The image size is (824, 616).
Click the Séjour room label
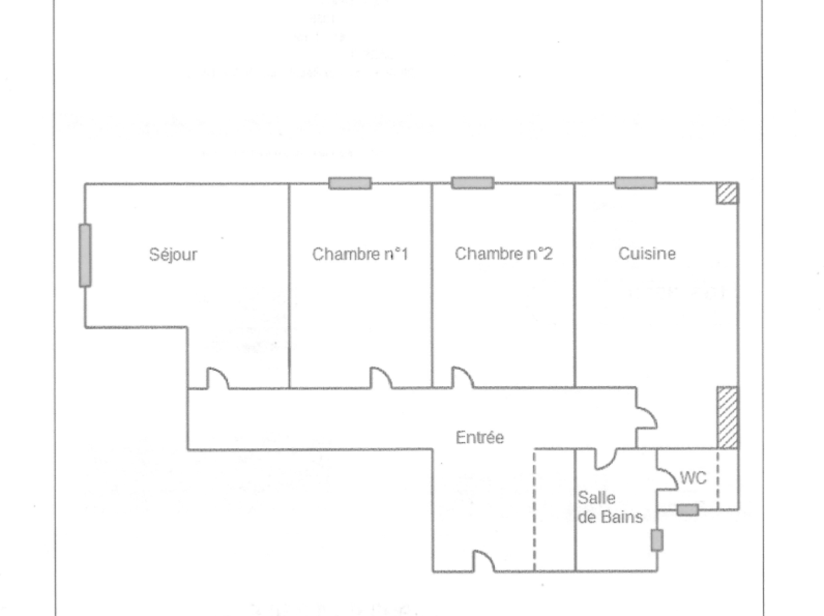click(x=173, y=254)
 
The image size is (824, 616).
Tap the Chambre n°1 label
click(x=360, y=254)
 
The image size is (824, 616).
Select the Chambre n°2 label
click(x=503, y=254)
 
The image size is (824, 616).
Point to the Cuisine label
click(x=647, y=254)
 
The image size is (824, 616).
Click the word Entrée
click(x=479, y=437)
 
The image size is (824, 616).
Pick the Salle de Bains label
click(x=609, y=507)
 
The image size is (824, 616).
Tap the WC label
click(x=693, y=478)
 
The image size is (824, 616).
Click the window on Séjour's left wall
click(x=85, y=255)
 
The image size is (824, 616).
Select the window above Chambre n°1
click(x=350, y=183)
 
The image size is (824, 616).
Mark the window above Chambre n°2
click(x=472, y=183)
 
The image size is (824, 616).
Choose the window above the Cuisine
click(x=635, y=183)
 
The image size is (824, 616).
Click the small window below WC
click(x=687, y=509)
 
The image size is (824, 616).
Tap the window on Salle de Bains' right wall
click(x=657, y=540)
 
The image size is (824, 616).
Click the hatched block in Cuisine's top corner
click(x=727, y=193)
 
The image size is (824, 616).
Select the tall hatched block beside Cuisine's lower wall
click(x=727, y=418)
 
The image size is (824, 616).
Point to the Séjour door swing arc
click(x=217, y=378)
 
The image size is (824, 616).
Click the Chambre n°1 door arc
click(x=381, y=378)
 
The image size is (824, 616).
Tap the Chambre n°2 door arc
click(x=463, y=378)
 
